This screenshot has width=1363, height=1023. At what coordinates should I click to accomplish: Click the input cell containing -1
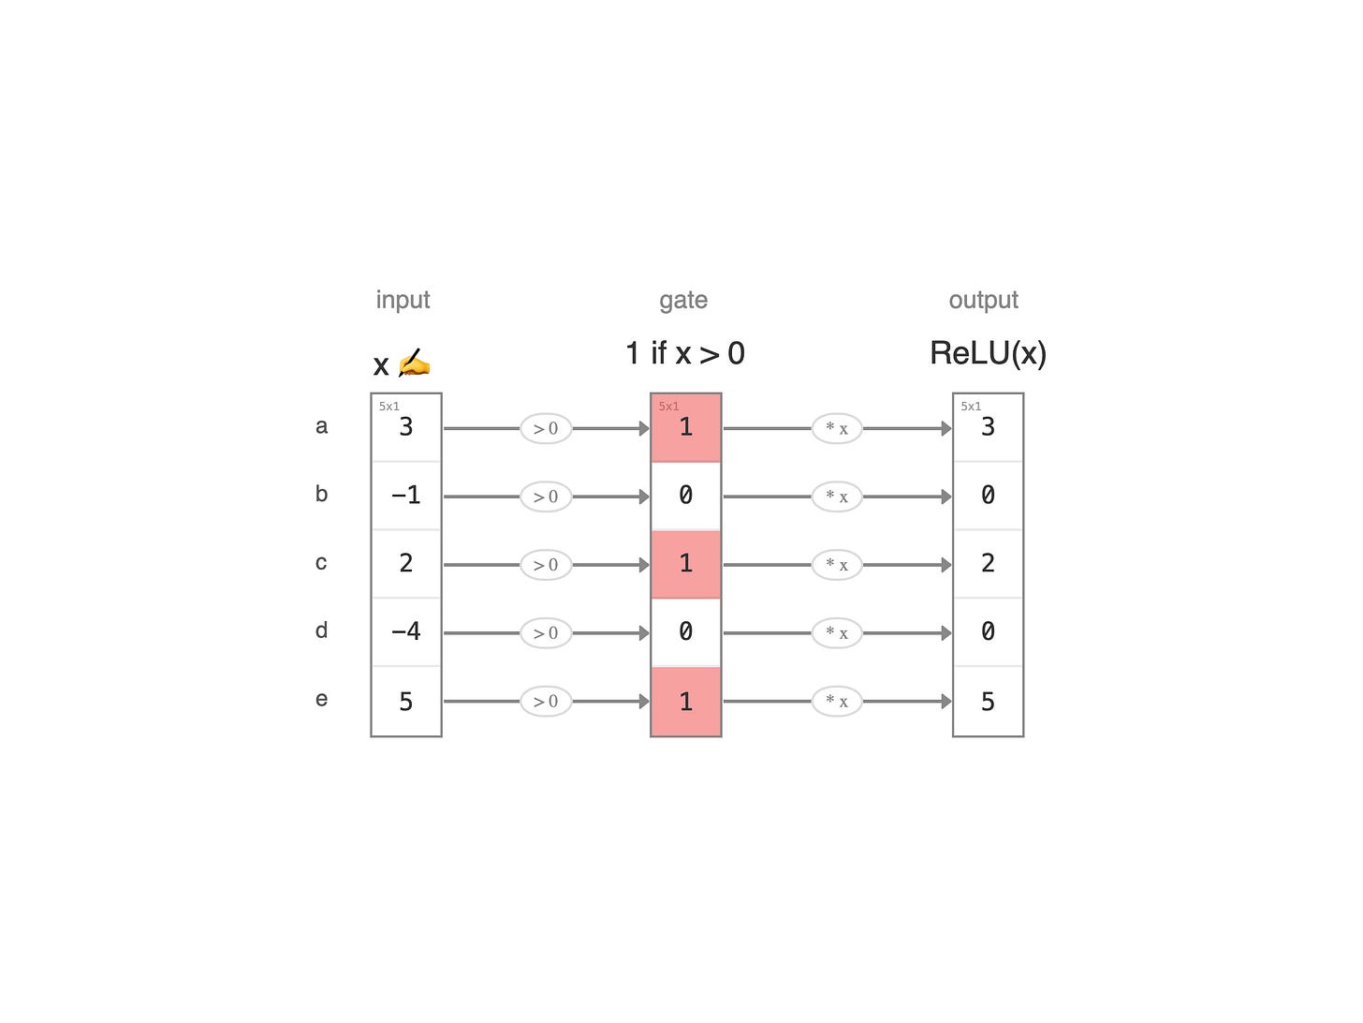tap(405, 495)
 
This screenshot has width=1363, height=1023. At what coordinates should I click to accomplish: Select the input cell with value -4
tap(405, 631)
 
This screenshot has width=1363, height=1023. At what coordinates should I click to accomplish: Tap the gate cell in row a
tap(685, 427)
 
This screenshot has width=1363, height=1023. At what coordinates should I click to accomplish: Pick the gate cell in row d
tap(685, 631)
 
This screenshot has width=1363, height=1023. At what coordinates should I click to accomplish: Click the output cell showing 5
tap(988, 701)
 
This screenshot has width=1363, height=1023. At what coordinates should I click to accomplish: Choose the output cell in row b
tap(988, 495)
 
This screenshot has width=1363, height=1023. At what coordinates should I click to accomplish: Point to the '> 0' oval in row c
tap(545, 565)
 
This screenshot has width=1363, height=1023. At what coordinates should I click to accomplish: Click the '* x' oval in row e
tap(836, 702)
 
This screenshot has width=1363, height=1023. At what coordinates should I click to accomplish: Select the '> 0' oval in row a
tap(545, 428)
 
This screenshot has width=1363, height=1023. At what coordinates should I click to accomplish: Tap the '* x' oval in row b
tap(836, 497)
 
